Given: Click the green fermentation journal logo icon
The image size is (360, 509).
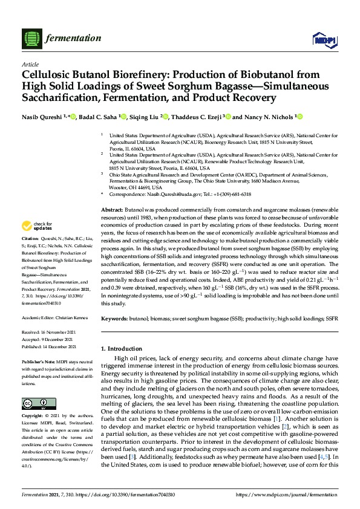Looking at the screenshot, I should click(x=30, y=39).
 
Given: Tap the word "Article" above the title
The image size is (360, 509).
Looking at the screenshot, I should click(x=30, y=64).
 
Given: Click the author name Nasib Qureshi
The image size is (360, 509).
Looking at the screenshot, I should click(x=42, y=117).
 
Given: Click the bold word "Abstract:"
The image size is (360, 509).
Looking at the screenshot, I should click(x=113, y=209).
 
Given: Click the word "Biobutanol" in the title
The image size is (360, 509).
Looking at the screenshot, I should click(x=267, y=75).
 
